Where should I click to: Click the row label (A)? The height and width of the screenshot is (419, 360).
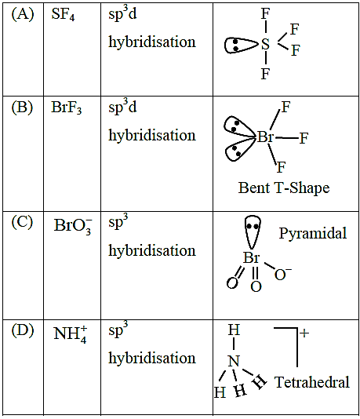(x=23, y=14)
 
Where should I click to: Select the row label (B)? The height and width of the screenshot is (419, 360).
(x=22, y=107)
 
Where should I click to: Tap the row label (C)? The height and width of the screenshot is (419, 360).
(x=22, y=222)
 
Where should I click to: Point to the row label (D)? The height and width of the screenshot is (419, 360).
(x=23, y=330)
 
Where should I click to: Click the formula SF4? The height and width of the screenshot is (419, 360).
(x=63, y=14)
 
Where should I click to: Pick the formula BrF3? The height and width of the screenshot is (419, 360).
(x=67, y=108)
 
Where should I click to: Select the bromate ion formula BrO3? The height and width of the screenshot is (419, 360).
(x=73, y=227)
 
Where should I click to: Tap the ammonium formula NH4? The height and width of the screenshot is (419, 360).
(x=71, y=334)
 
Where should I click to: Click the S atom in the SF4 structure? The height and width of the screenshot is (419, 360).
(x=265, y=45)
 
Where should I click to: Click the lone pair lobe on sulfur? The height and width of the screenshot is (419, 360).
(x=241, y=46)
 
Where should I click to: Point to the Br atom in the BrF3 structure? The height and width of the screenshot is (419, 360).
(x=265, y=137)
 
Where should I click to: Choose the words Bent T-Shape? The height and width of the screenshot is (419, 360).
(x=284, y=188)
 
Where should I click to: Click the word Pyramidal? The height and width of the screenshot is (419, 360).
(x=313, y=233)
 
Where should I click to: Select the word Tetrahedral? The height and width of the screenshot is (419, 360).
(x=312, y=382)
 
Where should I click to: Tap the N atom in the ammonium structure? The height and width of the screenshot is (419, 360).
(x=234, y=361)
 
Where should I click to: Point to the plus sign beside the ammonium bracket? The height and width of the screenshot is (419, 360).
(x=304, y=333)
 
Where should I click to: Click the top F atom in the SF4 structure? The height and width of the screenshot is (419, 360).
(x=265, y=14)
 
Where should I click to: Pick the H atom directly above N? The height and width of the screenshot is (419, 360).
(x=234, y=330)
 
